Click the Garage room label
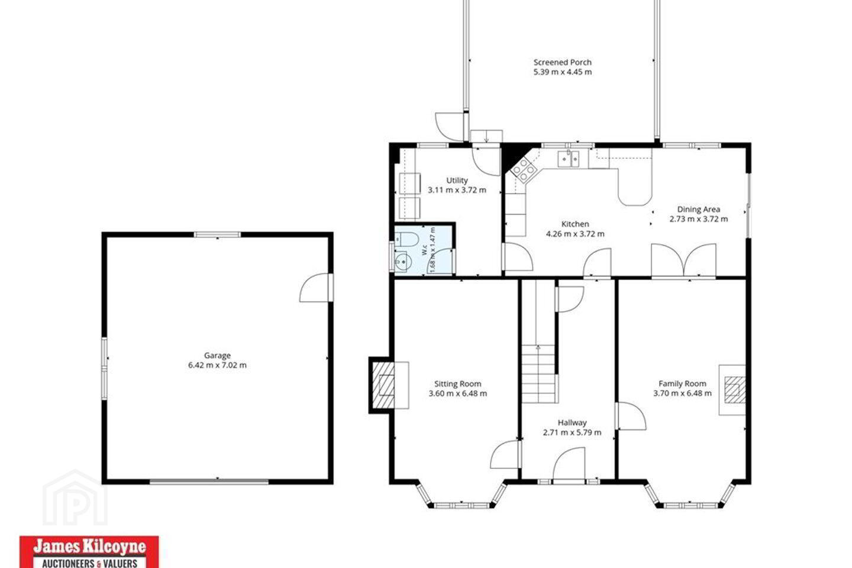click(x=217, y=356)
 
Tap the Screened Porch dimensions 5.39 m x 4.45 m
click(x=563, y=72)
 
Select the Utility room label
click(x=457, y=180)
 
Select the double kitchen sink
click(x=568, y=159)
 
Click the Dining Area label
click(x=698, y=209)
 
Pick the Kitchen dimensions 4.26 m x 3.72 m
click(x=575, y=234)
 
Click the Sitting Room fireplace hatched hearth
click(x=383, y=385)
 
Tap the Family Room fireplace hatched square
click(x=734, y=390)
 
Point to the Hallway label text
click(x=572, y=422)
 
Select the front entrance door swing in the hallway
click(x=568, y=463)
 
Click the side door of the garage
click(x=316, y=288)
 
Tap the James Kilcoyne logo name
click(x=89, y=547)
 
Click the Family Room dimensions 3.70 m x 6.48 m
click(x=682, y=393)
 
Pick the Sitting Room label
click(x=457, y=384)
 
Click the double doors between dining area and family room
click(x=683, y=260)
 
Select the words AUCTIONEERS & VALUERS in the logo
click(x=89, y=563)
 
